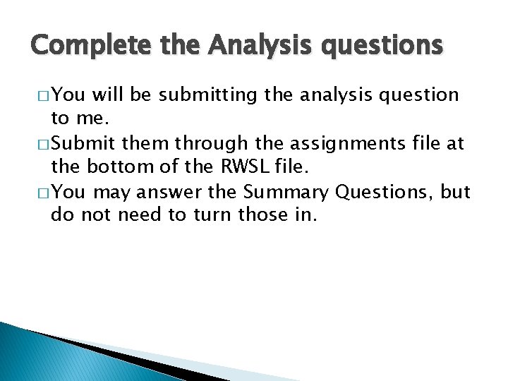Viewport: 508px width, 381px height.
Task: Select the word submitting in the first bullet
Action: [x=212, y=95]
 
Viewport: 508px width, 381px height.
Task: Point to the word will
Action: [x=109, y=95]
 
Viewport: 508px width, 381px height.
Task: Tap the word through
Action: [x=212, y=144]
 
